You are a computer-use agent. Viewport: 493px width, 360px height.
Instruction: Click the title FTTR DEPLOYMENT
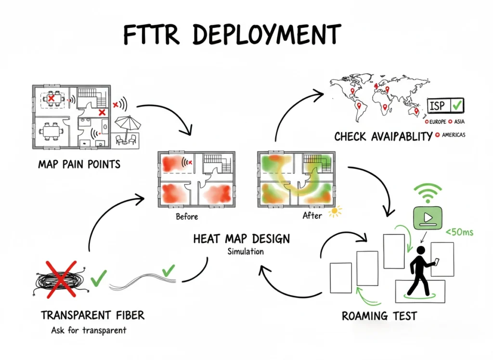(x=232, y=34)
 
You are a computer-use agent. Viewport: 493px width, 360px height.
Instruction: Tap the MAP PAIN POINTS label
(x=79, y=164)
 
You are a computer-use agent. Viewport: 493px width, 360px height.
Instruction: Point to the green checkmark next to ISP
(x=458, y=104)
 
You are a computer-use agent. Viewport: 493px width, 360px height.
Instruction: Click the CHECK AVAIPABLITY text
(x=383, y=137)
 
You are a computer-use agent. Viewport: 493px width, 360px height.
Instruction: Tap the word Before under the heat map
(x=187, y=216)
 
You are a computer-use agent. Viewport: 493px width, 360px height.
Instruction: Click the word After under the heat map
(x=312, y=215)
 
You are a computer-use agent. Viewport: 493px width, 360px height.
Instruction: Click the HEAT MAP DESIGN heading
(x=241, y=239)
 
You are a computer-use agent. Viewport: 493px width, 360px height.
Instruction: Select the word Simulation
(x=246, y=252)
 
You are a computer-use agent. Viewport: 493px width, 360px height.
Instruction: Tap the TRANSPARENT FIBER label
(x=92, y=315)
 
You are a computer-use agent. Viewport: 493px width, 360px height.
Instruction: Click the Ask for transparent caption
(x=89, y=331)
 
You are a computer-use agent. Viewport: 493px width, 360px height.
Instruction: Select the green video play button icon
(x=427, y=217)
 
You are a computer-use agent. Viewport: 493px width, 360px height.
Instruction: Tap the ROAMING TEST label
(x=379, y=316)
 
